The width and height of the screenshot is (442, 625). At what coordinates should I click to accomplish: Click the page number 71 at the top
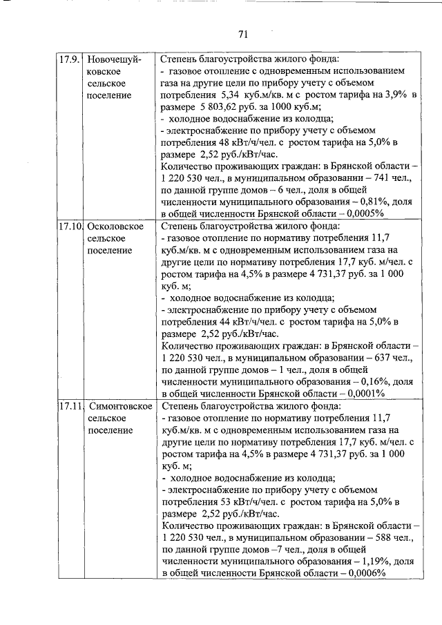242,34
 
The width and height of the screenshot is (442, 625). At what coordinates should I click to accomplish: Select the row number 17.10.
69,226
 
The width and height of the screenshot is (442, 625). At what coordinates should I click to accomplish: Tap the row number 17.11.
69,405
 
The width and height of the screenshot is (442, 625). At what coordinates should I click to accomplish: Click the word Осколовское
116,226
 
